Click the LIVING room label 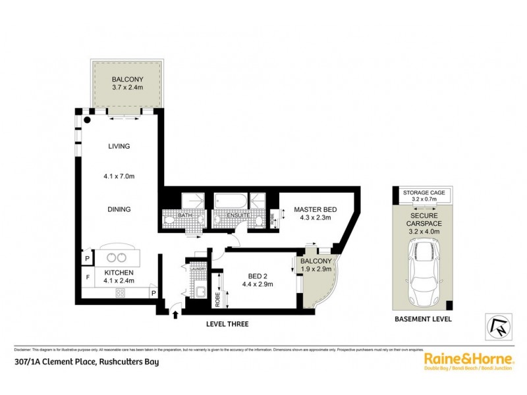[120, 146]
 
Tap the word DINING [120, 209]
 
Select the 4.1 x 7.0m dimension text [120, 176]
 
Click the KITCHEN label [119, 273]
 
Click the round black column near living [88, 120]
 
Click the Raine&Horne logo [468, 359]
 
